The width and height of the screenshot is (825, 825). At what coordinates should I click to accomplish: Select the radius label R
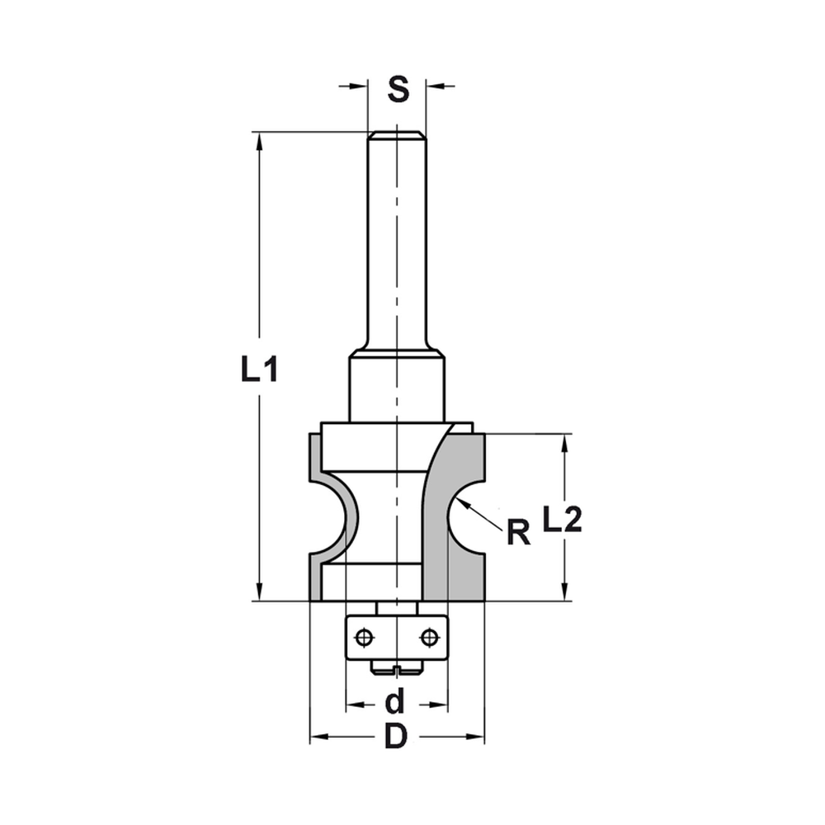[517, 534]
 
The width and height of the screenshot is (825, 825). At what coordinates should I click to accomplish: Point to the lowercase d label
[396, 701]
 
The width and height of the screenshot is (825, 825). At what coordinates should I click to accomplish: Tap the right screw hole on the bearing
[427, 637]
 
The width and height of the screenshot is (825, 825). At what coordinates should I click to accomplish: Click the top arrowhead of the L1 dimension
[260, 140]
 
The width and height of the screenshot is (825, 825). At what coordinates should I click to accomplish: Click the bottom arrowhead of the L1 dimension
[260, 592]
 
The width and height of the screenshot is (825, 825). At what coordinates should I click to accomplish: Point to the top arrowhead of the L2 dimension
[565, 442]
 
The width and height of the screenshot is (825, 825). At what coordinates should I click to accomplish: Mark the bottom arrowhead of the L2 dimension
[565, 592]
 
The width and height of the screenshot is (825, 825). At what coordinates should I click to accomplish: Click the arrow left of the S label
[356, 85]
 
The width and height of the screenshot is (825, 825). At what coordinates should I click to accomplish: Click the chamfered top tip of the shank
[396, 134]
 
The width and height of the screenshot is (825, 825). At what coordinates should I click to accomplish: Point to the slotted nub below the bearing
[397, 668]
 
